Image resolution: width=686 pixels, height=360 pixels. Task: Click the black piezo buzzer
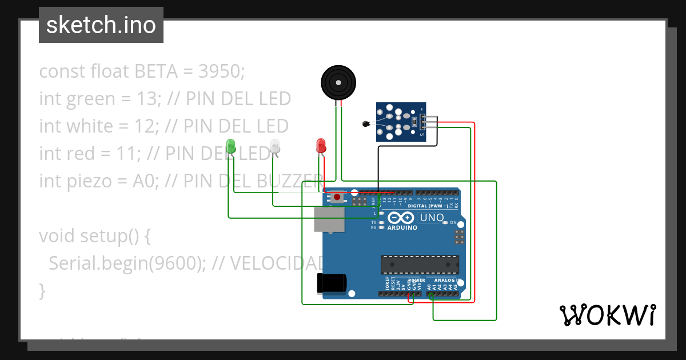(x=339, y=83)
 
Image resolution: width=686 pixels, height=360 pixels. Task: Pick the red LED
(x=321, y=145)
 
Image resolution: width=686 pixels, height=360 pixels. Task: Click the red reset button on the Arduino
(x=337, y=197)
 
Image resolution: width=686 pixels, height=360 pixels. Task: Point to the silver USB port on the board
(x=329, y=219)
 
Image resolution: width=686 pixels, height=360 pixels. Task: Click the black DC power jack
(x=332, y=283)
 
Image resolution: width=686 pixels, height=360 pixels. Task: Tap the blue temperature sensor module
(x=402, y=121)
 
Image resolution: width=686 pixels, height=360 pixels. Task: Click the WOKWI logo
(x=607, y=315)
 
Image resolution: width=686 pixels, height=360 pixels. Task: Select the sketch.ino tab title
(x=101, y=25)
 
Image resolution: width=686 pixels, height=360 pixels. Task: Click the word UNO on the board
(x=432, y=218)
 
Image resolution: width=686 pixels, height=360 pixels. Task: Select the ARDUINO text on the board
(x=402, y=227)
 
